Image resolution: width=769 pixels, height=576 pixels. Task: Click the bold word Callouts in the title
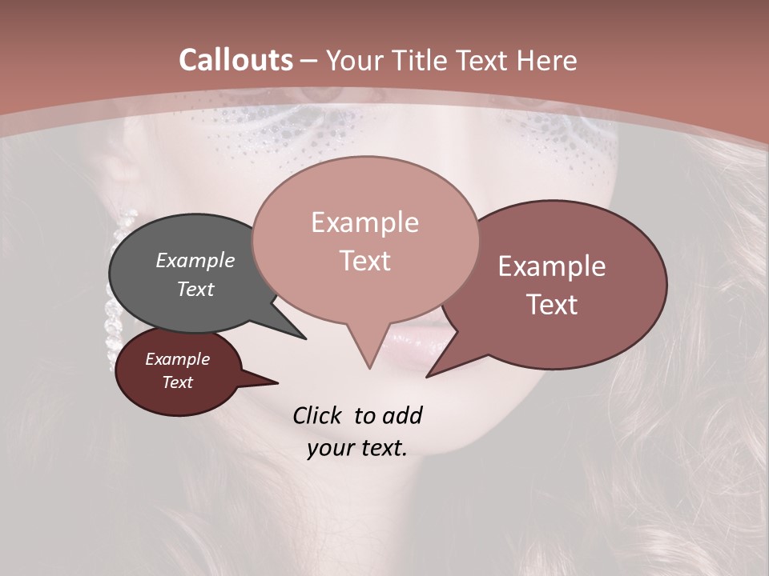236,60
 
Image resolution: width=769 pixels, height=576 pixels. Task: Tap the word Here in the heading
547,60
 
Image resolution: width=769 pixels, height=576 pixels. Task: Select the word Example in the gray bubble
195,260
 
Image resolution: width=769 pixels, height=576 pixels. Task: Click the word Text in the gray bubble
195,289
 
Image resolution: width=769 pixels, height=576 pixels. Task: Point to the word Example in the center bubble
364,222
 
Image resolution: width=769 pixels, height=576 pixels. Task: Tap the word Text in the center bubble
364,261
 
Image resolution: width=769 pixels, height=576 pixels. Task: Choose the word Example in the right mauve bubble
552,266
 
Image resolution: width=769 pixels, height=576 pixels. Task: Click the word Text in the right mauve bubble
552,305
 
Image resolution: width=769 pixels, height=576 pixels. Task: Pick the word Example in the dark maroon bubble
177,359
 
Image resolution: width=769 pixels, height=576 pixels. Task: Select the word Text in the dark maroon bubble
177,382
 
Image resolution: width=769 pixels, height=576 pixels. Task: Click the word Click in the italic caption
318,415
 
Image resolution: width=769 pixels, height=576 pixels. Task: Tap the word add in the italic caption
402,415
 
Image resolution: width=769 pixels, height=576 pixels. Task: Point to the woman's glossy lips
425,344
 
